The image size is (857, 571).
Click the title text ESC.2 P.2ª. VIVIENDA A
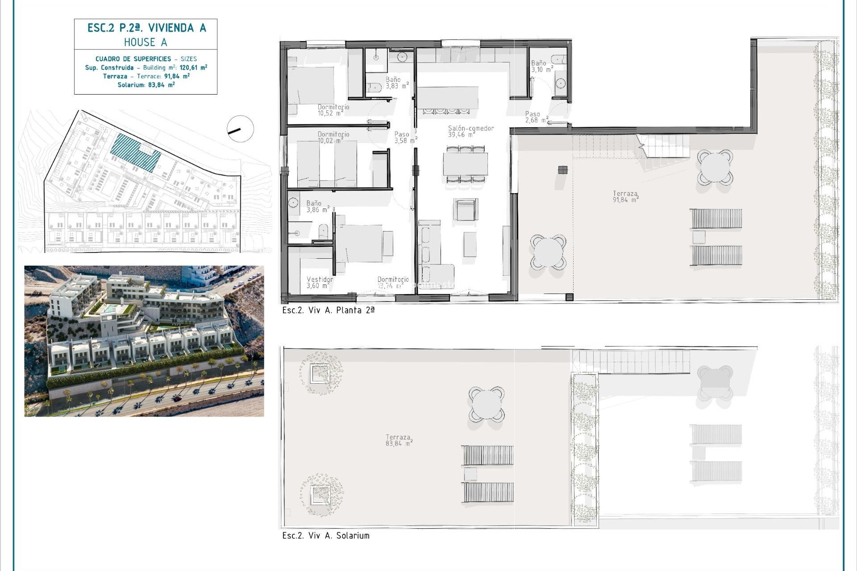coord(146,28)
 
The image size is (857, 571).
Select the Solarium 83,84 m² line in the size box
coord(146,85)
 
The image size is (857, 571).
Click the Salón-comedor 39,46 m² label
coord(470,131)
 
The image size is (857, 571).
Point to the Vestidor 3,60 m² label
coord(319,282)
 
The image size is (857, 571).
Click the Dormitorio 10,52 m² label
coord(333,110)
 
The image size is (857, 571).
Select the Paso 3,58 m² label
coord(405,137)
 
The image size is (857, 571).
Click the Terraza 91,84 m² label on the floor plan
coord(625,197)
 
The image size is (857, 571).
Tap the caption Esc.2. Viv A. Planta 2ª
coord(328,310)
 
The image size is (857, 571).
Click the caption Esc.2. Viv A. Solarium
coord(326,536)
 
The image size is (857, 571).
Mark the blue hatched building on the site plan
coord(135,152)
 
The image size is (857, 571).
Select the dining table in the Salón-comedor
coord(465,164)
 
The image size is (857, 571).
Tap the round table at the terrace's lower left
coord(548,252)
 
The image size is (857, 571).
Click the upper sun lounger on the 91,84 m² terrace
coord(716,219)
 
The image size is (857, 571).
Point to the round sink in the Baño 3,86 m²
coord(293,203)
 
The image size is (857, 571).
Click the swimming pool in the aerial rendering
coord(109,308)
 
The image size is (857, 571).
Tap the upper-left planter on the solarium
coord(320,373)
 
